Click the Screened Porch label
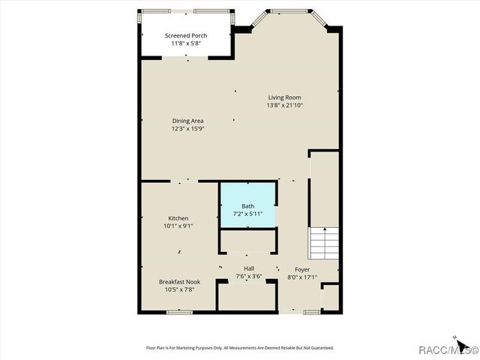click(x=186, y=35)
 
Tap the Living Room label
click(x=284, y=97)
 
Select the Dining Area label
click(x=187, y=121)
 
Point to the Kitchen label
click(x=178, y=218)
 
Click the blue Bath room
click(x=247, y=202)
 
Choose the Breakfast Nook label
click(x=179, y=282)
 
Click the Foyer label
click(x=302, y=269)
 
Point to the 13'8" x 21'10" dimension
click(x=284, y=106)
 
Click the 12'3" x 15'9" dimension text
click(x=187, y=129)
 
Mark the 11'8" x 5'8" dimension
click(x=186, y=43)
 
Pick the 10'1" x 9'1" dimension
click(x=178, y=226)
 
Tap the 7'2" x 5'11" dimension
click(x=247, y=214)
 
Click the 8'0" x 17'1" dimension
click(x=302, y=277)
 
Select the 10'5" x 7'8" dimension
click(x=179, y=289)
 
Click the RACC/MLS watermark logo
click(x=450, y=350)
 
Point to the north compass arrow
click(x=454, y=337)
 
